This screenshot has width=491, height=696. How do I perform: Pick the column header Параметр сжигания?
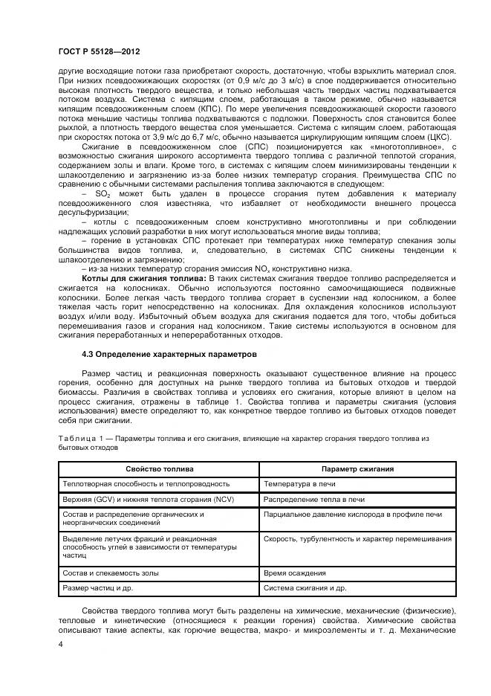pyautogui.click(x=357, y=469)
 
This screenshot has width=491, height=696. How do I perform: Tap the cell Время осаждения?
pyautogui.click(x=295, y=573)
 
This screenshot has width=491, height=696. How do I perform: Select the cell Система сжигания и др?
pyautogui.click(x=305, y=588)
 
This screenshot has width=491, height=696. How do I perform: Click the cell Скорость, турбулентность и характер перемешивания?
pyautogui.click(x=357, y=538)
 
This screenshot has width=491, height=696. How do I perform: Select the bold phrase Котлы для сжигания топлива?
pyautogui.click(x=149, y=277)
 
